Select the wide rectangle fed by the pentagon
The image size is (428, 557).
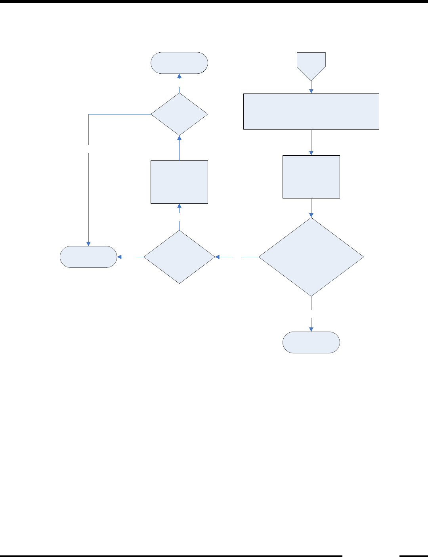[311, 111]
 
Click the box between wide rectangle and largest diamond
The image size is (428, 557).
[311, 177]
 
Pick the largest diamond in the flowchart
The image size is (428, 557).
[311, 257]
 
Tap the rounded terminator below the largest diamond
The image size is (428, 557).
[311, 342]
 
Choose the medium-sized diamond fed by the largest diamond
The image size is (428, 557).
[179, 257]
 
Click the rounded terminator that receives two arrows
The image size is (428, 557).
[88, 257]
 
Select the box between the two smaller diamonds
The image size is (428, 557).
[179, 182]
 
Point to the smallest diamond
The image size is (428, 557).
[179, 114]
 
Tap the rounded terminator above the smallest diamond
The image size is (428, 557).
[179, 63]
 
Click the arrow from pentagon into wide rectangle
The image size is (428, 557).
[311, 87]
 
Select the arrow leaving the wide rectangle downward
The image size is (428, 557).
[311, 142]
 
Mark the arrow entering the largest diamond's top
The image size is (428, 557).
[311, 208]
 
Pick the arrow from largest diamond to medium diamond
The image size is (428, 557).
[236, 257]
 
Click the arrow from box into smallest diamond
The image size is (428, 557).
[179, 148]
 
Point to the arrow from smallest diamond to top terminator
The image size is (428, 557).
[179, 80]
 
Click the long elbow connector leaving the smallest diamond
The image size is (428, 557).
[88, 178]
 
